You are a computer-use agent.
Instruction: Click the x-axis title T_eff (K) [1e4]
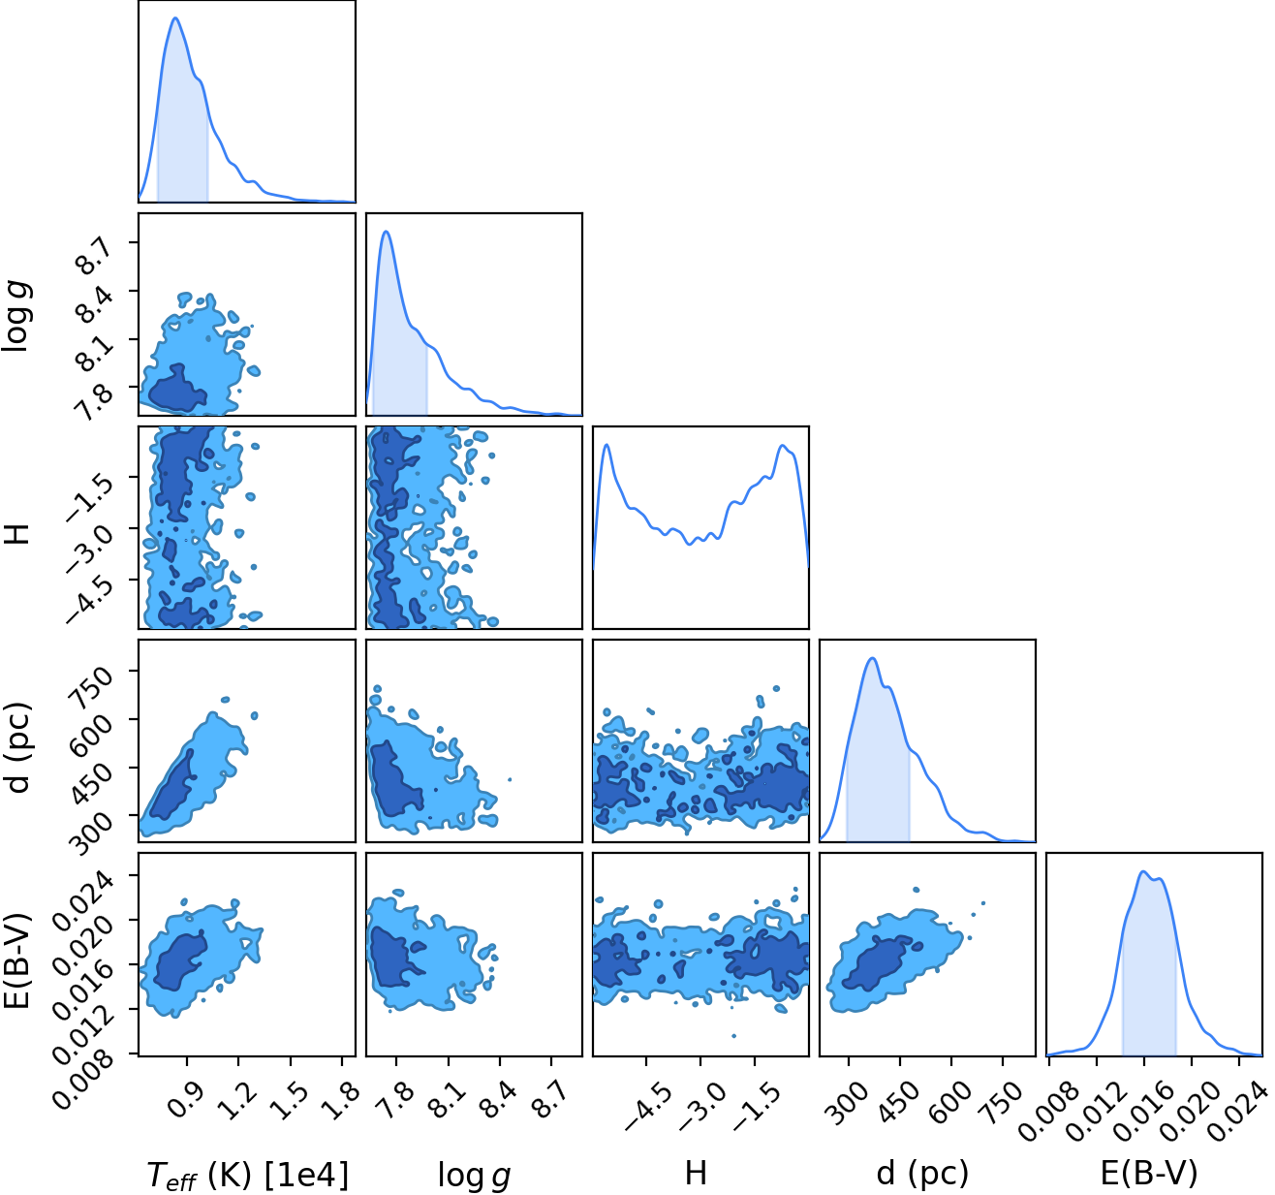(248, 1174)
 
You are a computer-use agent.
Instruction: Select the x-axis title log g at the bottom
(474, 1175)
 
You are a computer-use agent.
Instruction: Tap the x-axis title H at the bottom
(696, 1173)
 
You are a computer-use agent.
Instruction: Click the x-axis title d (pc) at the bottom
(922, 1174)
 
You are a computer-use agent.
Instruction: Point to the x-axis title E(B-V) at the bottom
(1149, 1174)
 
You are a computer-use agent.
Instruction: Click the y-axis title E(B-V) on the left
(18, 959)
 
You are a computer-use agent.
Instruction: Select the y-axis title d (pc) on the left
(19, 748)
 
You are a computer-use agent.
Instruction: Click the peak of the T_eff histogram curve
(175, 17)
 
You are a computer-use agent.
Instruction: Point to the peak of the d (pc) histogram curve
(873, 658)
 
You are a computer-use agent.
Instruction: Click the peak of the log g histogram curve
(387, 232)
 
